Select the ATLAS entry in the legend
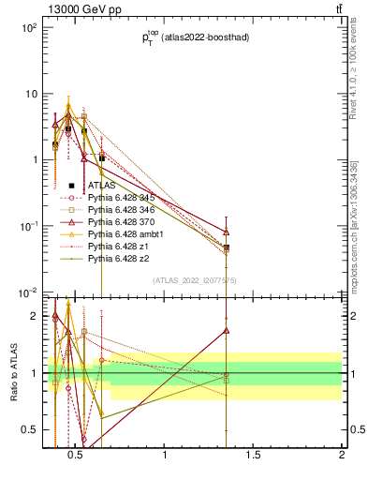click(x=101, y=186)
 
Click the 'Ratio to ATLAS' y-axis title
click(x=13, y=393)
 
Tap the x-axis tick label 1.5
click(x=253, y=457)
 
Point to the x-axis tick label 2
click(x=341, y=457)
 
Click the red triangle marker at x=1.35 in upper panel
click(x=227, y=232)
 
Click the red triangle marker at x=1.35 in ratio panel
click(x=227, y=330)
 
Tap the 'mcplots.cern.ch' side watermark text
click(x=353, y=225)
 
